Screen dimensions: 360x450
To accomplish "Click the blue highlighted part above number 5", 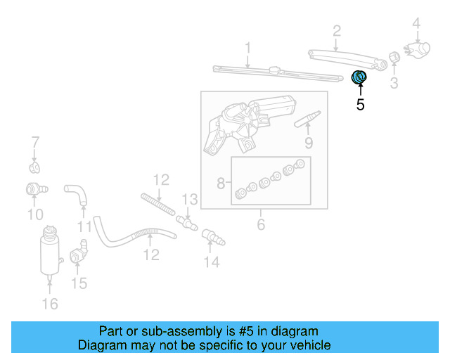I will click(x=359, y=77).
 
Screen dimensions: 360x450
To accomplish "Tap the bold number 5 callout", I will click(x=360, y=105).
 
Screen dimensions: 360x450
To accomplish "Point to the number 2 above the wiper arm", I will click(x=337, y=30).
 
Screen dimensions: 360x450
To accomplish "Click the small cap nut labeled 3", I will click(x=394, y=58).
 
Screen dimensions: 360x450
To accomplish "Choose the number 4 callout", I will click(x=416, y=25).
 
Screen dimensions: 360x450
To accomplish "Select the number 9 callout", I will click(x=308, y=144).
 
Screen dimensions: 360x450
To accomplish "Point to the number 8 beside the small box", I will click(x=221, y=184).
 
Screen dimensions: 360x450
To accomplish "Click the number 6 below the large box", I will click(x=261, y=225).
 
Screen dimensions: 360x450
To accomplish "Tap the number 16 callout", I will click(x=49, y=304).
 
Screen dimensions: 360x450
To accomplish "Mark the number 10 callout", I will click(x=35, y=214).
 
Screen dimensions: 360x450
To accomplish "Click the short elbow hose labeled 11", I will click(x=75, y=193).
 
